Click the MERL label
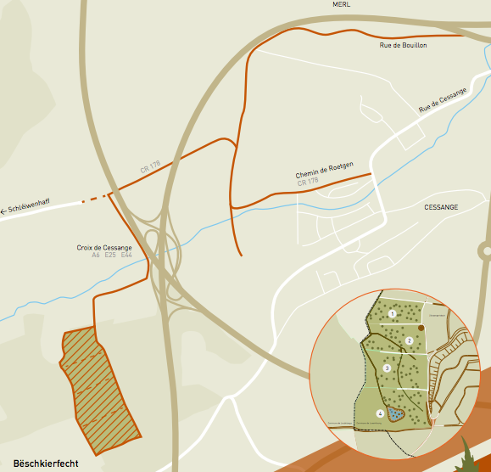(x=342, y=4)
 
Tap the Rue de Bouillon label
(x=403, y=44)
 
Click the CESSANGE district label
(x=441, y=206)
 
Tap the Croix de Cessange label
(x=104, y=248)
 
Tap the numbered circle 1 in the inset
(x=393, y=314)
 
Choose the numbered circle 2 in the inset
(x=409, y=340)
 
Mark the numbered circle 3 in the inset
(x=387, y=368)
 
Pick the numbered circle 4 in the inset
(x=380, y=413)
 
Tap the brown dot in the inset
(x=421, y=327)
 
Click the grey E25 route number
(x=110, y=256)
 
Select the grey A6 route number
(x=96, y=256)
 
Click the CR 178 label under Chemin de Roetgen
(x=308, y=182)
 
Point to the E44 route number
(x=126, y=256)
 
